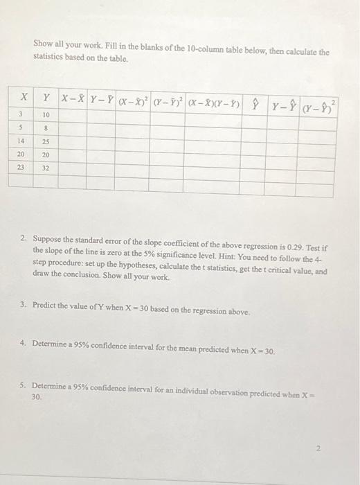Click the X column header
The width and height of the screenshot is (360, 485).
[x=23, y=98]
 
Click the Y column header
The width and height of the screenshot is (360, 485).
[x=46, y=99]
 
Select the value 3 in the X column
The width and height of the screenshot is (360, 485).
[x=21, y=115]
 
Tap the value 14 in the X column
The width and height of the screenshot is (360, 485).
[x=22, y=141]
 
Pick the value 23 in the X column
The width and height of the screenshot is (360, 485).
[x=22, y=167]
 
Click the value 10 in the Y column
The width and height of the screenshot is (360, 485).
[x=46, y=115]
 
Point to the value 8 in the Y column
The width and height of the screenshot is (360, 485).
[x=46, y=128]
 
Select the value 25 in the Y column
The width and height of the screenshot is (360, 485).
[x=46, y=141]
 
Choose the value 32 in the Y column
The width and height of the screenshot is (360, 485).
[x=46, y=168]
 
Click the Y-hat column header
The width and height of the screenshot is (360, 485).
[x=256, y=105]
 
